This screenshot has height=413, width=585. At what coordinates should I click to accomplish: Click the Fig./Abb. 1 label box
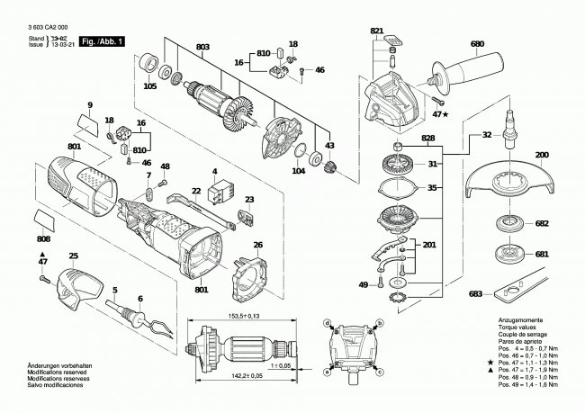102,42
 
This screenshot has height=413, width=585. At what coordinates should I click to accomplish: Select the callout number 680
476,43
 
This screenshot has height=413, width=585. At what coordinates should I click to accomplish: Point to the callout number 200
541,156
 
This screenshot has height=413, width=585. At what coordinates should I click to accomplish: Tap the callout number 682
541,223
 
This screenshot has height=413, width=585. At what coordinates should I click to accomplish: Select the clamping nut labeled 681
517,255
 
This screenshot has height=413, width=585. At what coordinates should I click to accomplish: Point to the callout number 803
202,45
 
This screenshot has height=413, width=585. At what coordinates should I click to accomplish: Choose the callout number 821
376,31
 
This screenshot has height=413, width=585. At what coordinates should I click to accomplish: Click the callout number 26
257,244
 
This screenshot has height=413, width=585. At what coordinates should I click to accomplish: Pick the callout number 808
43,239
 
